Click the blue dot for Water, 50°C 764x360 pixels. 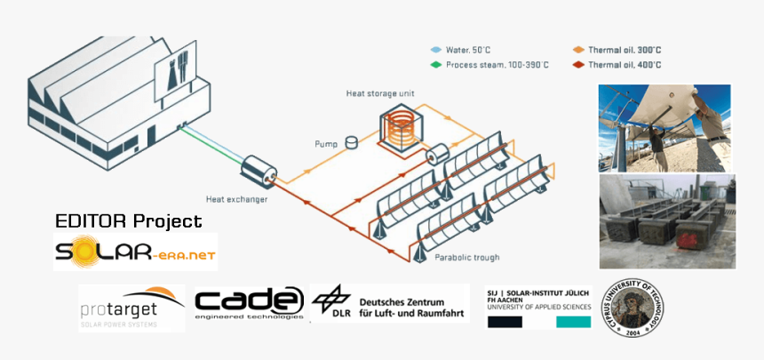coord(435,51)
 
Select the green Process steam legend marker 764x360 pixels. coord(435,65)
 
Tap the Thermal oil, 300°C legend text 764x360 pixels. coord(625,51)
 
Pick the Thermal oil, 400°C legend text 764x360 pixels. coord(625,65)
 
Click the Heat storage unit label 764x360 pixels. coord(380,93)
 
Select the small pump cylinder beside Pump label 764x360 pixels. coord(352,140)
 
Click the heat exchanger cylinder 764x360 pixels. coord(260,169)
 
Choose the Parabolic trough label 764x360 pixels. coord(467,257)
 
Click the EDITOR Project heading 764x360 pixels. coord(128,220)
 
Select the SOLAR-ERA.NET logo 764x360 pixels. coord(136,252)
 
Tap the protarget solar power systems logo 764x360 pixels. coord(131,308)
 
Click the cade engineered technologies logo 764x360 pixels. coord(250,303)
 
